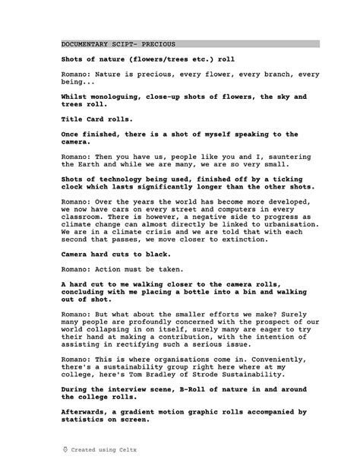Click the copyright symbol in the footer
(x=65, y=449)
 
